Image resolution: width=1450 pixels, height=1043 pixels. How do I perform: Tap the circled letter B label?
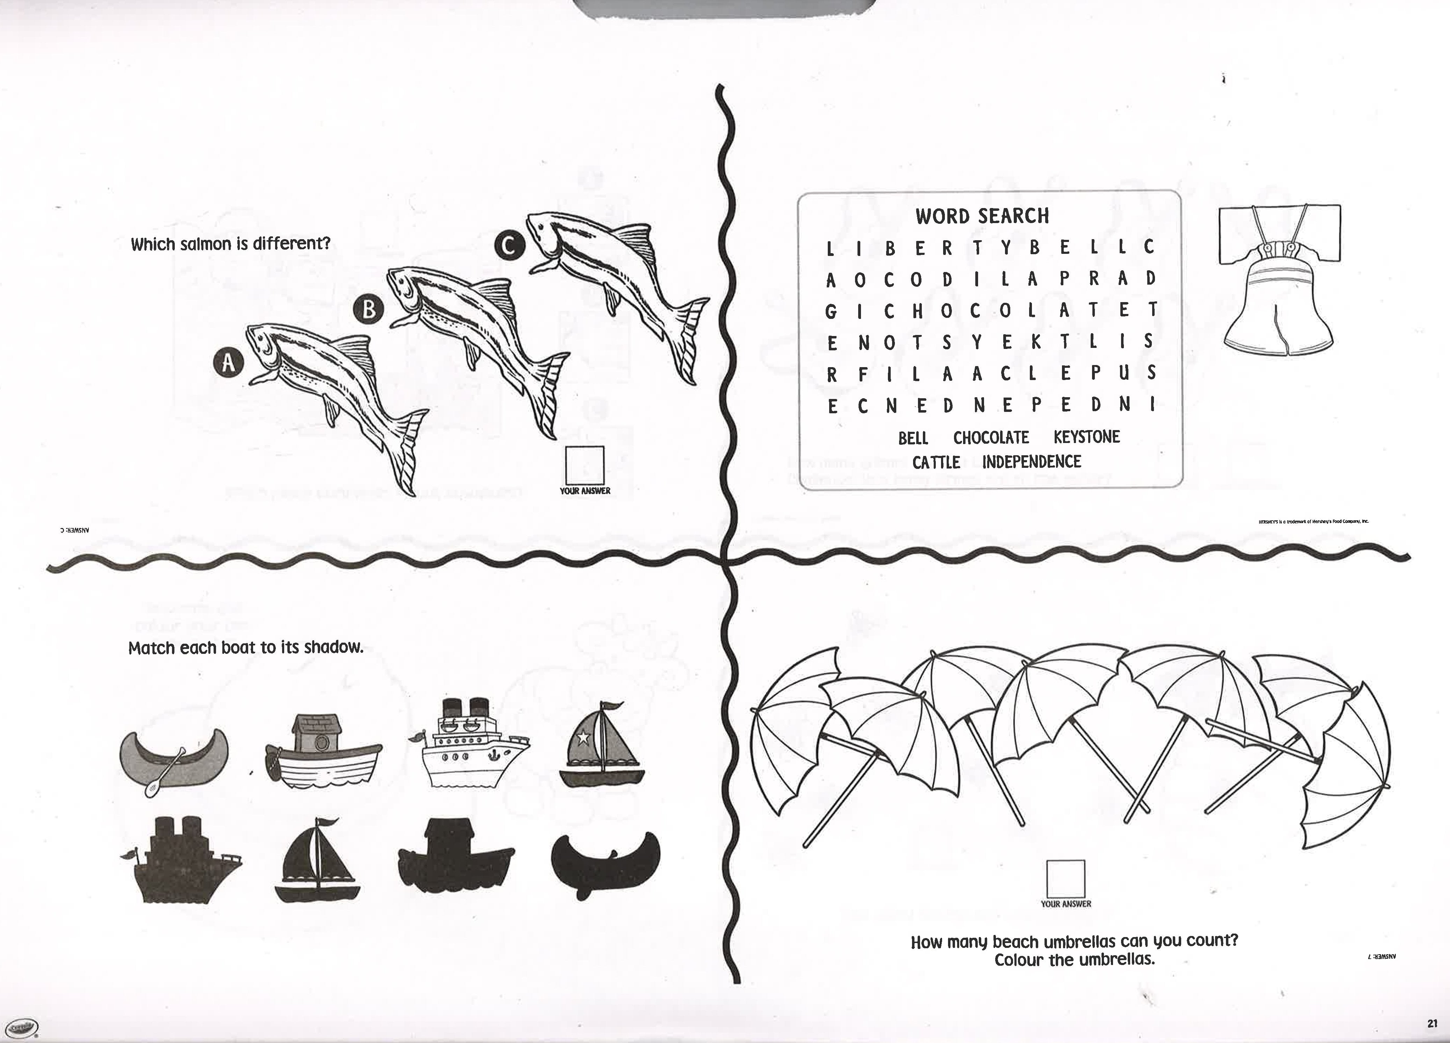pos(368,309)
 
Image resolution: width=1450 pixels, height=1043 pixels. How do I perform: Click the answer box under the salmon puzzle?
pos(584,465)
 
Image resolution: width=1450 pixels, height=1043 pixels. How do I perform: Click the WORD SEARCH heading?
pos(982,216)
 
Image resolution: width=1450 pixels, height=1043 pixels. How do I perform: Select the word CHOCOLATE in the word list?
pos(991,438)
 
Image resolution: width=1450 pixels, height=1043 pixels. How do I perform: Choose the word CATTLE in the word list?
pos(936,462)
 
